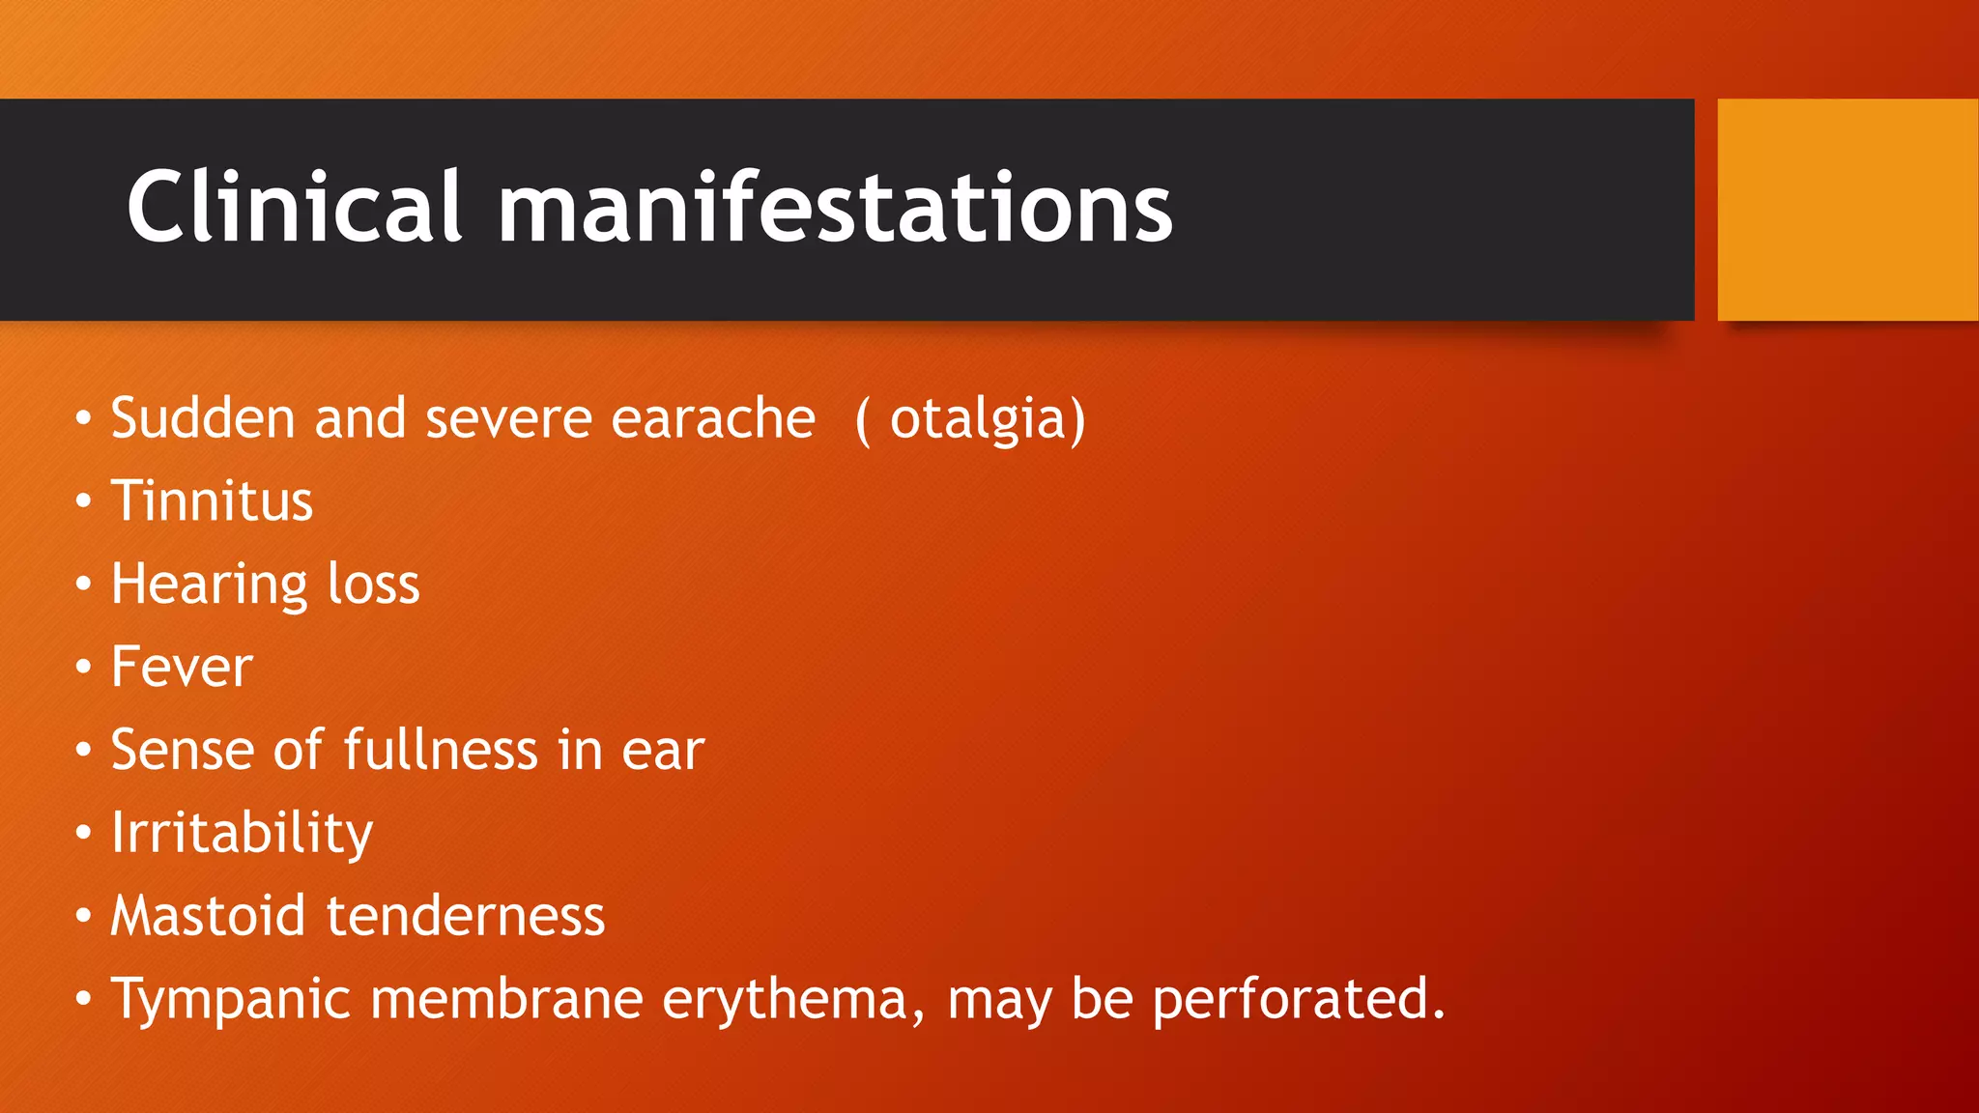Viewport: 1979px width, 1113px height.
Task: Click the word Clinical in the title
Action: point(294,207)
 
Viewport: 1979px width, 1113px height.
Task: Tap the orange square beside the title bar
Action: point(1847,210)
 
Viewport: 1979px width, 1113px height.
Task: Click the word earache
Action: point(713,418)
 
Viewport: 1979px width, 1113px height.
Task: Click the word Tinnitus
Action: point(212,501)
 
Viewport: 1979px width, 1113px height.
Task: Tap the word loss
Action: point(373,585)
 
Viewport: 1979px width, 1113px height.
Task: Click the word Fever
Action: point(182,667)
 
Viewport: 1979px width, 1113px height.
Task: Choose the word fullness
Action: point(441,750)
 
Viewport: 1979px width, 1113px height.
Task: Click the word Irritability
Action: point(242,833)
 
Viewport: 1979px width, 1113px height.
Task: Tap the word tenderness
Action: point(466,916)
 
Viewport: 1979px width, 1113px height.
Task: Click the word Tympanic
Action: point(230,1000)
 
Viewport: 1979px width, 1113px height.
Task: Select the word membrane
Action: point(506,999)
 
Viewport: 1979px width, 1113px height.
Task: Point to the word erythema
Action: point(784,1000)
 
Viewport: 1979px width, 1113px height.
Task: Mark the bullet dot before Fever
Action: point(84,667)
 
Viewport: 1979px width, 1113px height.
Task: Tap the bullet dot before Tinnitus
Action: point(84,501)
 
